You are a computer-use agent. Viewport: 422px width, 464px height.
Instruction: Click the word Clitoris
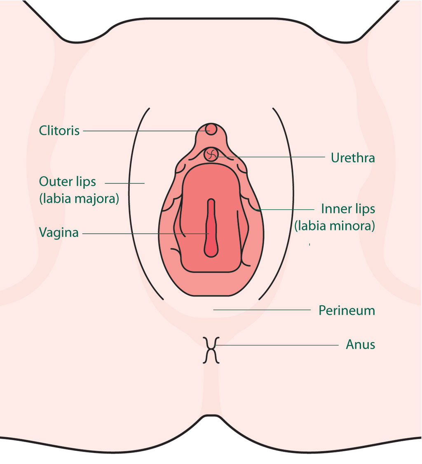[x=59, y=131]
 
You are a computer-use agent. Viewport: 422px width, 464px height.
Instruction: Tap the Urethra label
[x=353, y=158]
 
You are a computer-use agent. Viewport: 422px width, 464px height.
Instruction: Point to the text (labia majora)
[x=79, y=199]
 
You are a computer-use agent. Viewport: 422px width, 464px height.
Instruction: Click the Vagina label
[x=59, y=232]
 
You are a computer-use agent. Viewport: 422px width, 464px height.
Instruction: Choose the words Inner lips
[x=348, y=209]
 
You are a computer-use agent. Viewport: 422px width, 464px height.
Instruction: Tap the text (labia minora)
[x=335, y=226]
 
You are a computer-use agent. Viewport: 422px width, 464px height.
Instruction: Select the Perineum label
[x=347, y=310]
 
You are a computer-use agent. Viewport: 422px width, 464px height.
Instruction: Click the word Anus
[x=361, y=344]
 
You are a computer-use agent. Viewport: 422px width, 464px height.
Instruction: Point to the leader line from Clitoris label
[x=147, y=131]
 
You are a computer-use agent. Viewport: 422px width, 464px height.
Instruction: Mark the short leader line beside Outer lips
[x=124, y=183]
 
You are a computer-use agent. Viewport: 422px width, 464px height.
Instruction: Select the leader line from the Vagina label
[x=145, y=234]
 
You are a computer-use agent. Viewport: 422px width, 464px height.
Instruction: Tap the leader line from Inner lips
[x=286, y=209]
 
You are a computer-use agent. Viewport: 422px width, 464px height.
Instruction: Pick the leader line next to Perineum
[x=262, y=310]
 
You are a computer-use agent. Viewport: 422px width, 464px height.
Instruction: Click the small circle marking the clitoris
[x=211, y=129]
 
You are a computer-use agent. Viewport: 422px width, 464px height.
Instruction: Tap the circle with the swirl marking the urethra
[x=211, y=154]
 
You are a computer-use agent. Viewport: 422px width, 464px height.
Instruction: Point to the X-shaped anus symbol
[x=211, y=350]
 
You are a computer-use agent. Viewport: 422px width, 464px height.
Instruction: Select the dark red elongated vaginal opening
[x=211, y=228]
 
